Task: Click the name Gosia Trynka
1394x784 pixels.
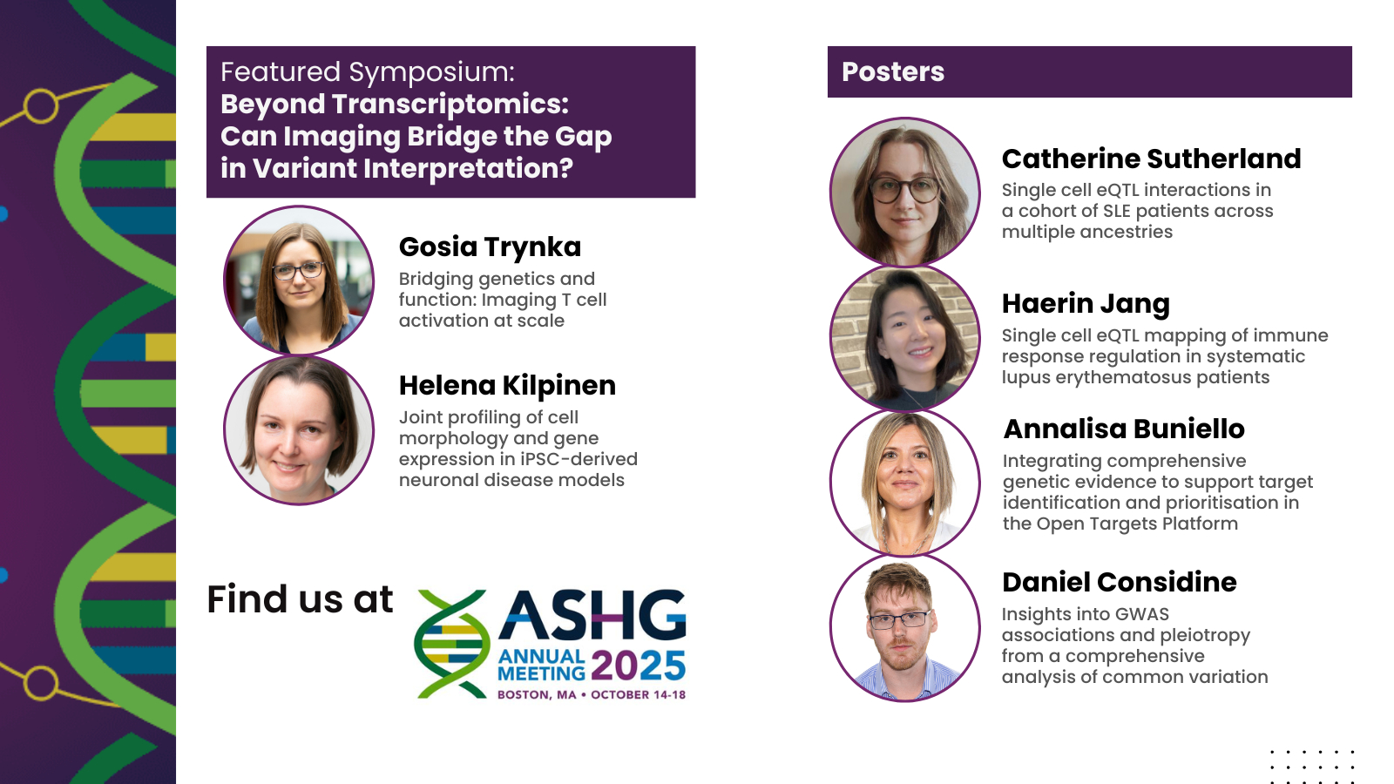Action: coord(490,247)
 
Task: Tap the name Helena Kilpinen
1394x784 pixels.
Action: coord(507,385)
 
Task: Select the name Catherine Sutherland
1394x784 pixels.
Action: coord(1151,159)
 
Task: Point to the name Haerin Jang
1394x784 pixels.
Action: coord(1086,304)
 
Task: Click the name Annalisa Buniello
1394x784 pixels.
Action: coord(1124,429)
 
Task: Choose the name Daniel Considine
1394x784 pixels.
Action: coord(1120,582)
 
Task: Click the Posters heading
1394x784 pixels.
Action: coord(893,71)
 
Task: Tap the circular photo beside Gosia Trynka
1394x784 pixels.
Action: coord(299,280)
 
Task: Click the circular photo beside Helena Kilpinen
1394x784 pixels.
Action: coord(299,430)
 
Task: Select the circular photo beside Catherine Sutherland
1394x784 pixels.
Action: coord(905,192)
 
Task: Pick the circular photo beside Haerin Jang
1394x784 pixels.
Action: coord(905,337)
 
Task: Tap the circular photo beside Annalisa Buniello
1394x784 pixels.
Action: coord(905,483)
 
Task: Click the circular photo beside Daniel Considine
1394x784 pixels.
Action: coord(905,628)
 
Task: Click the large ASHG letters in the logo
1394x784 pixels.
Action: coord(592,615)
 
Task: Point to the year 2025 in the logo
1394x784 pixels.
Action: coord(638,666)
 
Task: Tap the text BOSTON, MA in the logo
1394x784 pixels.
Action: coord(537,694)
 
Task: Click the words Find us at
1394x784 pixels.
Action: coord(300,599)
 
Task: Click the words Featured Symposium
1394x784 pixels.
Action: coord(367,72)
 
